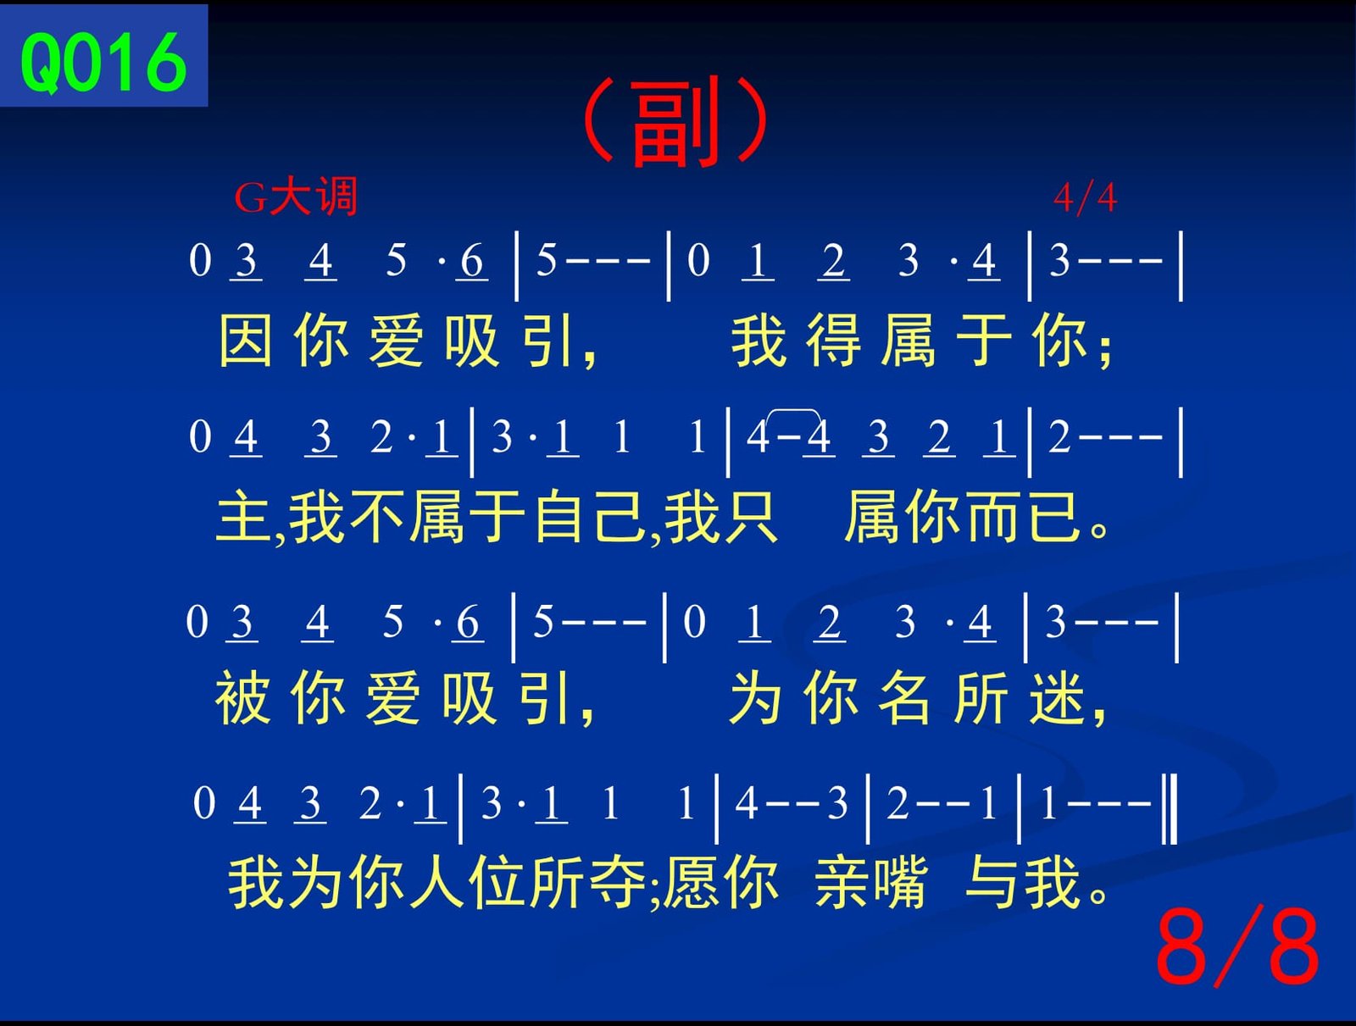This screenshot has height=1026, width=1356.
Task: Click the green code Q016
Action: pyautogui.click(x=103, y=62)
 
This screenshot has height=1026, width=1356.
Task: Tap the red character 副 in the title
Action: pyautogui.click(x=675, y=122)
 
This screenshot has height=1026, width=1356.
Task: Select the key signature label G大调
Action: pyautogui.click(x=296, y=197)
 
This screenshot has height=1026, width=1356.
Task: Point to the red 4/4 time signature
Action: pyautogui.click(x=1086, y=198)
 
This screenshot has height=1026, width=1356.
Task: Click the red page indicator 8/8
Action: pyautogui.click(x=1237, y=947)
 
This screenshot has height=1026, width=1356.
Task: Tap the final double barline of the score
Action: pyautogui.click(x=1170, y=809)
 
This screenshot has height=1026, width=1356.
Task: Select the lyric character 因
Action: pyautogui.click(x=245, y=340)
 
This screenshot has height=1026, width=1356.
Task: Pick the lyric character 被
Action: pyautogui.click(x=242, y=698)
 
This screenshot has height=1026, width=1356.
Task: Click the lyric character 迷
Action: pyautogui.click(x=1057, y=698)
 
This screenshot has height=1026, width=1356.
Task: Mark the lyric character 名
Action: pyautogui.click(x=904, y=698)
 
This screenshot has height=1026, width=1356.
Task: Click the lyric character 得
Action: pyautogui.click(x=833, y=340)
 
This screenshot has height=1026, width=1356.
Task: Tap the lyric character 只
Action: pyautogui.click(x=751, y=516)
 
